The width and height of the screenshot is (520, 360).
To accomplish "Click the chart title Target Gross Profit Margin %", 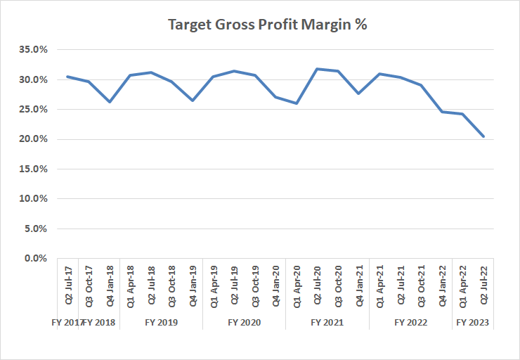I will coord(268,25).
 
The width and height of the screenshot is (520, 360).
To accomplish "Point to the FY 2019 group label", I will coord(161,323).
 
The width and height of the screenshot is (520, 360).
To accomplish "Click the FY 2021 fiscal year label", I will coord(327,323).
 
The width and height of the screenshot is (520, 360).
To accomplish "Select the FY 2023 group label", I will coord(473,323).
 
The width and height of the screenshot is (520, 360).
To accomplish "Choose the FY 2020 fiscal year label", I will coord(244,323).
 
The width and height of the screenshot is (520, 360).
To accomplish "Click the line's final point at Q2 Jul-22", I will coord(483,136).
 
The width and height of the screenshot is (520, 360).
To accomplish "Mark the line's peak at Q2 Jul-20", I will coord(318,69).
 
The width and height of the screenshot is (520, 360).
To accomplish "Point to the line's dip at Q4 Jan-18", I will coord(110,102).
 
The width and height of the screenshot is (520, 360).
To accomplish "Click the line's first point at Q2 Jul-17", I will coord(67,77).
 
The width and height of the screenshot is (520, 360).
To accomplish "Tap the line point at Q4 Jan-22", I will coord(442,112).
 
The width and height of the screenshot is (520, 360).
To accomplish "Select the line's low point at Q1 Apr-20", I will coord(297,103).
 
